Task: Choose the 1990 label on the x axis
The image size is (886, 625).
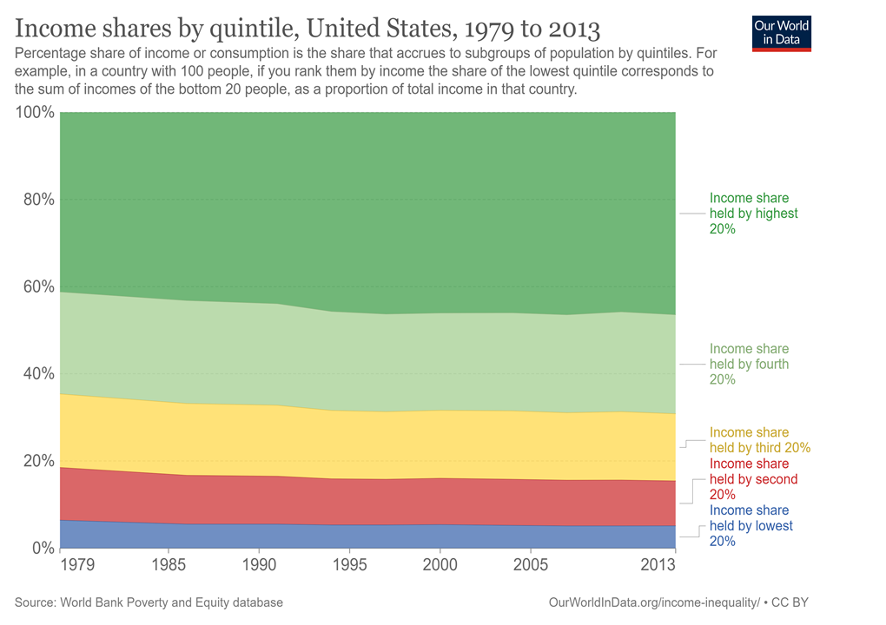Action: point(259,564)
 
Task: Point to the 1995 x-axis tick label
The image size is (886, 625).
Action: point(349,564)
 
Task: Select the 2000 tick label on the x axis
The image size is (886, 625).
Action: point(440,564)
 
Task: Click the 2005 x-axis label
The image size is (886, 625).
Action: point(531,564)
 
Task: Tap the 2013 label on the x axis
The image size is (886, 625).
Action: point(658,564)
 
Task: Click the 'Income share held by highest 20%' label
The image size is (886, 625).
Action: point(753,214)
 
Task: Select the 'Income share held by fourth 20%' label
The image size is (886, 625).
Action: point(749,364)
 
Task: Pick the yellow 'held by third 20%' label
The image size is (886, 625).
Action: point(759,440)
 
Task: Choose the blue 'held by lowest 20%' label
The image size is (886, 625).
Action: point(750,526)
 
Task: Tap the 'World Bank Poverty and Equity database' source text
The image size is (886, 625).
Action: point(169,602)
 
